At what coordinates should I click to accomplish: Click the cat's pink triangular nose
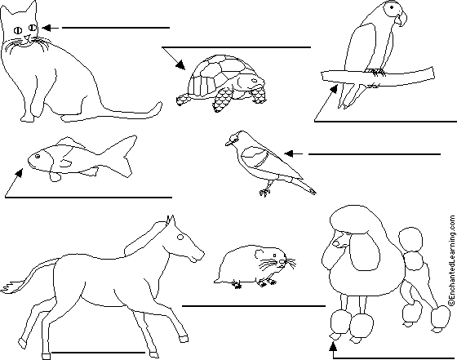[x=27, y=37]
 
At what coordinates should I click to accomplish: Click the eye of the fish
[x=38, y=157]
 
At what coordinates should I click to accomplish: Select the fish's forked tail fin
[x=125, y=156]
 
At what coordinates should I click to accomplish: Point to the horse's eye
[x=180, y=238]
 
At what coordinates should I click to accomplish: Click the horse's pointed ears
[x=171, y=221]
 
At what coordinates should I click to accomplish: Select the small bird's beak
[x=229, y=143]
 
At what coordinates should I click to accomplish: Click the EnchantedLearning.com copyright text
[x=452, y=260]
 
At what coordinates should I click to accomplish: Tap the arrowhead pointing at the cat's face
[x=47, y=28]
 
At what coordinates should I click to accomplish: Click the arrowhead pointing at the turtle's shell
[x=180, y=65]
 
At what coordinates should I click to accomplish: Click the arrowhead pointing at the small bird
[x=289, y=153]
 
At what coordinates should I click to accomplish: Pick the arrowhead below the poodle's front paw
[x=333, y=346]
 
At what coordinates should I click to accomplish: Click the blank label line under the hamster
[x=254, y=306]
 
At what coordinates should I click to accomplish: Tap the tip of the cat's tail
[x=159, y=104]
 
